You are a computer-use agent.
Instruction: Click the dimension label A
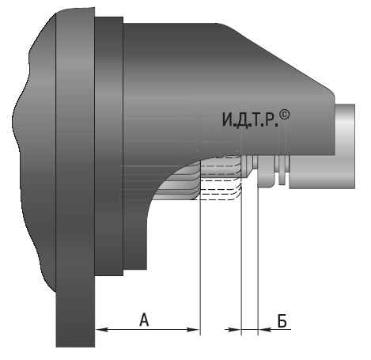pyautogui.click(x=144, y=320)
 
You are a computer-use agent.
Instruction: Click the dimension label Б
pyautogui.click(x=282, y=321)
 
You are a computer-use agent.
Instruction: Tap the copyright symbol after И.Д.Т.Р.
pyautogui.click(x=285, y=116)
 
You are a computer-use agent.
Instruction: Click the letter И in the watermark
pyautogui.click(x=227, y=119)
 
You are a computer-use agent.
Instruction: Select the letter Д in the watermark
pyautogui.click(x=242, y=120)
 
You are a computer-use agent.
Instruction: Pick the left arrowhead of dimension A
pyautogui.click(x=101, y=329)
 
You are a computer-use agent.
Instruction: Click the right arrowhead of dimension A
pyautogui.click(x=194, y=329)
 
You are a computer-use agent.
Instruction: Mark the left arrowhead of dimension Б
pyautogui.click(x=235, y=329)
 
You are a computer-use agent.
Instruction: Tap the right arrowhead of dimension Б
pyautogui.click(x=264, y=329)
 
